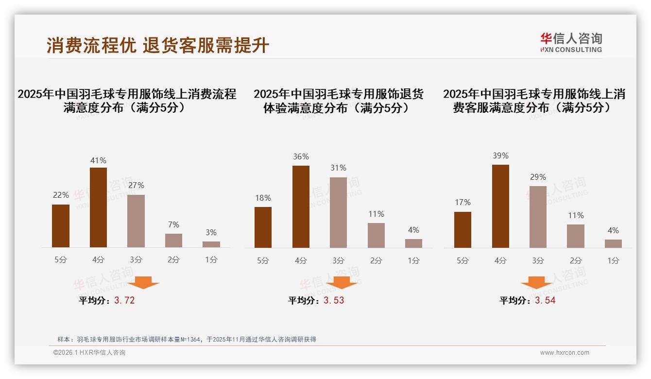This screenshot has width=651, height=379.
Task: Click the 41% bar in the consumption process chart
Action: point(98,207)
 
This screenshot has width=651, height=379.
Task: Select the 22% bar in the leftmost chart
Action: point(61,226)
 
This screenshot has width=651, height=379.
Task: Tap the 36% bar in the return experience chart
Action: point(301,207)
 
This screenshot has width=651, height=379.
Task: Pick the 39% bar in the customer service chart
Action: point(500,206)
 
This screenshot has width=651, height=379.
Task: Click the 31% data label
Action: point(338,168)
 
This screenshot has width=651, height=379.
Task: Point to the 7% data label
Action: point(173,224)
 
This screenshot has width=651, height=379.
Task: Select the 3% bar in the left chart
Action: point(211,244)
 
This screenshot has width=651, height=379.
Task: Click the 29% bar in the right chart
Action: point(538,217)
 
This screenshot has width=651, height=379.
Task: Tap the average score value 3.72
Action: point(124,300)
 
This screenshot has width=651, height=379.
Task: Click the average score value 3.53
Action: point(334,300)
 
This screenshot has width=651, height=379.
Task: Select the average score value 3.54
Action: point(545,300)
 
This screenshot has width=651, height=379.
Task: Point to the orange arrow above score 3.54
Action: point(537,282)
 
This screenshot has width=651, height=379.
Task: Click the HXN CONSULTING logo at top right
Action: point(571,43)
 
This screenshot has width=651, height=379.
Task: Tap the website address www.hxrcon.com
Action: point(565,353)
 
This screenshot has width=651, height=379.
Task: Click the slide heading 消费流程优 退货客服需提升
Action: point(158,45)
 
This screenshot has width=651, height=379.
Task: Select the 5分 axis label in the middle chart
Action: point(263,261)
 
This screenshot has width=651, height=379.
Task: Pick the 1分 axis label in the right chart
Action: point(613,261)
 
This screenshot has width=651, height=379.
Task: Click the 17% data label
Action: point(463,202)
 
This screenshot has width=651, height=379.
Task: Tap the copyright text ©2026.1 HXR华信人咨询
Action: point(89,353)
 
